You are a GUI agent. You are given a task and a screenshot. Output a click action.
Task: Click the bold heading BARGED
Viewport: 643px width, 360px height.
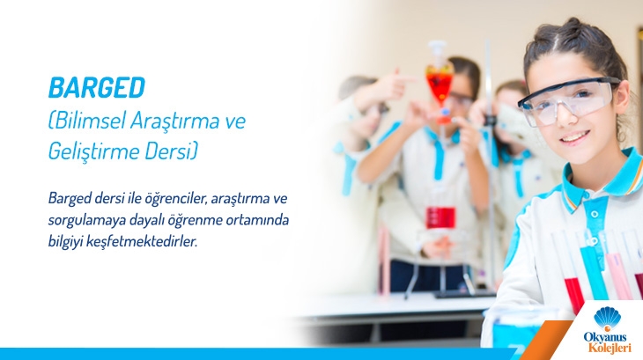pos(97,88)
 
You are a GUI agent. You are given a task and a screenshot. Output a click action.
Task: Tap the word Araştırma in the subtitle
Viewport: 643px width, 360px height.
pos(175,121)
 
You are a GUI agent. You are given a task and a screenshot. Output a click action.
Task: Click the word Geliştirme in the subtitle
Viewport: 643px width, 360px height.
pos(93,151)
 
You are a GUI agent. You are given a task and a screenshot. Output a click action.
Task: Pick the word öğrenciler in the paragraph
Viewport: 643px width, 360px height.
pos(178,199)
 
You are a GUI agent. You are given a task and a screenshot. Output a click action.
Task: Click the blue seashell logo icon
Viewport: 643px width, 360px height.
pos(608,318)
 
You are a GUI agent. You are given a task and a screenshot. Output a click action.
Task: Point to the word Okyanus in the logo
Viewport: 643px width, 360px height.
pos(605,337)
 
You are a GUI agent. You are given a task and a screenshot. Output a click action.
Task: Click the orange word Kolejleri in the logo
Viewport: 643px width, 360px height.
pos(610,348)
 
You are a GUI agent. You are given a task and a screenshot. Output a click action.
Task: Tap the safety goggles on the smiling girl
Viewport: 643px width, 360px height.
pos(568,100)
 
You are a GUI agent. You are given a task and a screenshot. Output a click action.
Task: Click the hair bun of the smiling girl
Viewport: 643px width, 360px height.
pos(573,26)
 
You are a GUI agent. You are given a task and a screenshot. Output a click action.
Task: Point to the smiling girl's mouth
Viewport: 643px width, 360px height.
pos(575,136)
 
